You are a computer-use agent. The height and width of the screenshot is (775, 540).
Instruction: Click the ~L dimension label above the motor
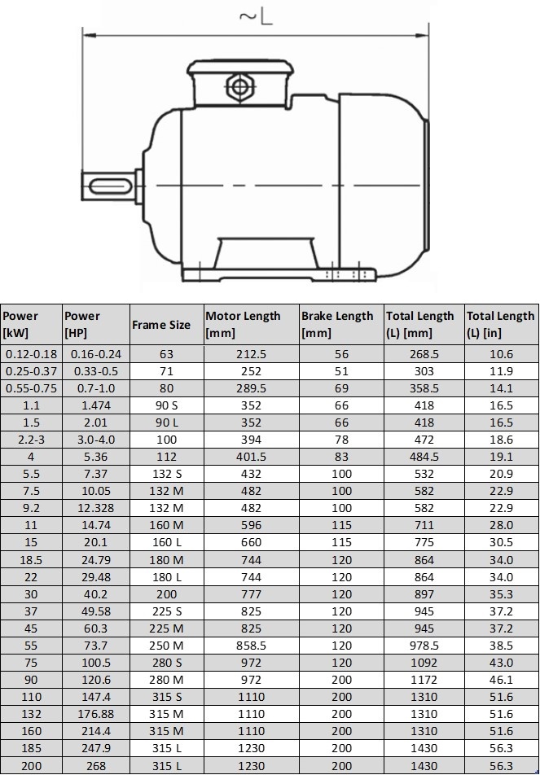coord(256,16)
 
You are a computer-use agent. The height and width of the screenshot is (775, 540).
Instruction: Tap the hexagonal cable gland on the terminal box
coord(239,86)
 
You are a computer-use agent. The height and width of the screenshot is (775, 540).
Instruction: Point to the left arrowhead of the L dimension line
coord(89,35)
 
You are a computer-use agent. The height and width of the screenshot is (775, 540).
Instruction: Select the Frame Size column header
coord(161,325)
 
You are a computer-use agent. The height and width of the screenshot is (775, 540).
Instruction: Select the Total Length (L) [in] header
coord(501,324)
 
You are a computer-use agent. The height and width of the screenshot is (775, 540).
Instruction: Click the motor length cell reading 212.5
coord(251,354)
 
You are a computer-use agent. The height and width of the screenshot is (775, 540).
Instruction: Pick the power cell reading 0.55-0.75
coord(32,388)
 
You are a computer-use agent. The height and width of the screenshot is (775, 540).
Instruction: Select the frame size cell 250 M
coord(166,646)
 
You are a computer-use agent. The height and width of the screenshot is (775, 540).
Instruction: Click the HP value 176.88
coord(95,714)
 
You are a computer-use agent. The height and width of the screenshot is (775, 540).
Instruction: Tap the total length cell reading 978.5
coord(424,646)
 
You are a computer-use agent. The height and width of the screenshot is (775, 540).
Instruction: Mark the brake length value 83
coord(341,457)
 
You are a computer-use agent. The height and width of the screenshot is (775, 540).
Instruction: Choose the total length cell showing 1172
coord(424,680)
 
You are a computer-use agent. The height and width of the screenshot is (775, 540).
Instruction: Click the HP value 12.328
coord(95,508)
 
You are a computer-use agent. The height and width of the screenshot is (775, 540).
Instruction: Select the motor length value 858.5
coord(251,646)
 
